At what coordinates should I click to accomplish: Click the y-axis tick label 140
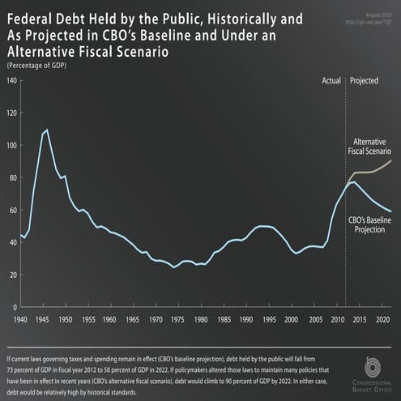click(12, 81)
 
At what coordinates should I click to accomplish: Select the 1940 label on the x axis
click(22, 320)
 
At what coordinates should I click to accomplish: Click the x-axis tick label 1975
click(173, 320)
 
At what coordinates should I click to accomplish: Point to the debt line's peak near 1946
click(46, 130)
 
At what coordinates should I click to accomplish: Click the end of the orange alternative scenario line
click(391, 160)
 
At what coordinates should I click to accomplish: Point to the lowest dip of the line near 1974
click(173, 267)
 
